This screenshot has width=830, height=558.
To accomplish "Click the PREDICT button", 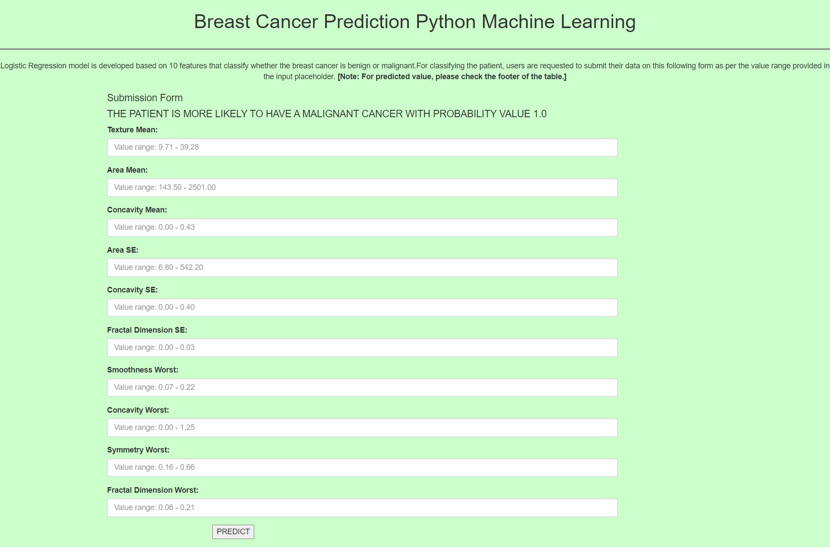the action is [233, 532].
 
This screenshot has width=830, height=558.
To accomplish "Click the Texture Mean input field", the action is [362, 148].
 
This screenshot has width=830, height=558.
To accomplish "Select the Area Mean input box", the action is [362, 188].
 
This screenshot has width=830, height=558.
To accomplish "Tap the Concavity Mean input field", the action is [362, 228].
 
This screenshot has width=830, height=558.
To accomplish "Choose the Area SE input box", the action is [362, 268].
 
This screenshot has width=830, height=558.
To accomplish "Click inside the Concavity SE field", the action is [362, 308].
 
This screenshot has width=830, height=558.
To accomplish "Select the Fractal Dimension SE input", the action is [362, 348].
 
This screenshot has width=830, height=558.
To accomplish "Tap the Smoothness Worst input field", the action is [362, 388].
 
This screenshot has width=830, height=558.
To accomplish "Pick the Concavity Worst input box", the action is [362, 428].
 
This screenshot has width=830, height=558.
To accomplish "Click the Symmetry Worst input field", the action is [362, 468].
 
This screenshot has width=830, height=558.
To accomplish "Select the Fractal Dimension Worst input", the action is [362, 508].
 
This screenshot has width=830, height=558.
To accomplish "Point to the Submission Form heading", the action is [145, 98].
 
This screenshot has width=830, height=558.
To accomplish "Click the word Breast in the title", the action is [222, 22].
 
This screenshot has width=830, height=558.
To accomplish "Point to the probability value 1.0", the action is [540, 114].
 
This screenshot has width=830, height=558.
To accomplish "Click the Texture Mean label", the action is [132, 130].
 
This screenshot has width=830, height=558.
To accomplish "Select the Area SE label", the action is [123, 250].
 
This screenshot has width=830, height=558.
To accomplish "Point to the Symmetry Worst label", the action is [138, 450].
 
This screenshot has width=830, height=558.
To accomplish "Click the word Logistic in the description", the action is [13, 66].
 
